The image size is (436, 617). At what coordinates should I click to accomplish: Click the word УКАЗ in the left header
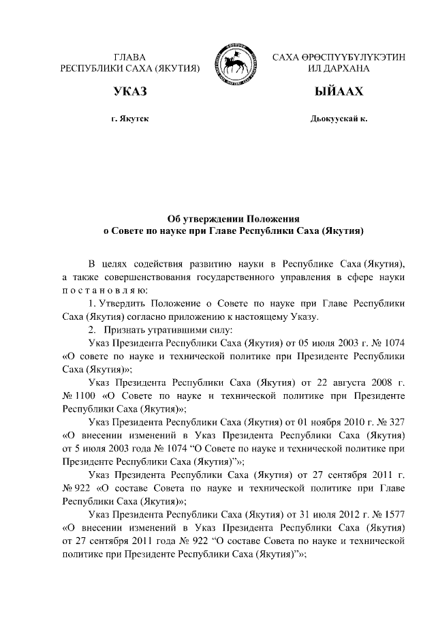pos(130,92)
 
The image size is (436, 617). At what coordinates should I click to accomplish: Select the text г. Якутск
pos(130,119)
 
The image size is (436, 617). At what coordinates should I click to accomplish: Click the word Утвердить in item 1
pos(119,303)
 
